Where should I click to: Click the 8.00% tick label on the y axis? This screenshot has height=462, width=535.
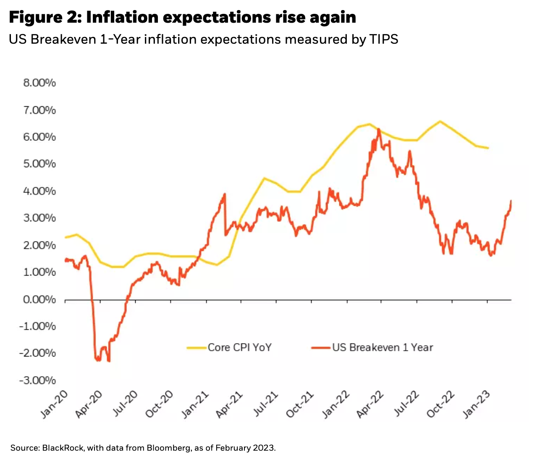tap(39, 83)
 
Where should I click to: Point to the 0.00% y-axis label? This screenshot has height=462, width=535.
tap(39, 299)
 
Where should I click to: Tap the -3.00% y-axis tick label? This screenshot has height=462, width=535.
tap(38, 380)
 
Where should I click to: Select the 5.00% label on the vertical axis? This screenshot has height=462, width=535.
tap(39, 164)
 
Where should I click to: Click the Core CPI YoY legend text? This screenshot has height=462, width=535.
tap(240, 347)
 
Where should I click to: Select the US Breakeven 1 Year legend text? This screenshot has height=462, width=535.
tap(383, 347)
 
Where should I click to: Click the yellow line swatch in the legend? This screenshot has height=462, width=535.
tap(197, 348)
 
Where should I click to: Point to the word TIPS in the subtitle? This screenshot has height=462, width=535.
tap(383, 39)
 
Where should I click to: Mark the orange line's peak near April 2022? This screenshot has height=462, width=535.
tap(379, 129)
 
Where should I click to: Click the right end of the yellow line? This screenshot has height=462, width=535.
tap(488, 148)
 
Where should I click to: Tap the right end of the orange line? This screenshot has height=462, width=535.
tap(511, 201)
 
